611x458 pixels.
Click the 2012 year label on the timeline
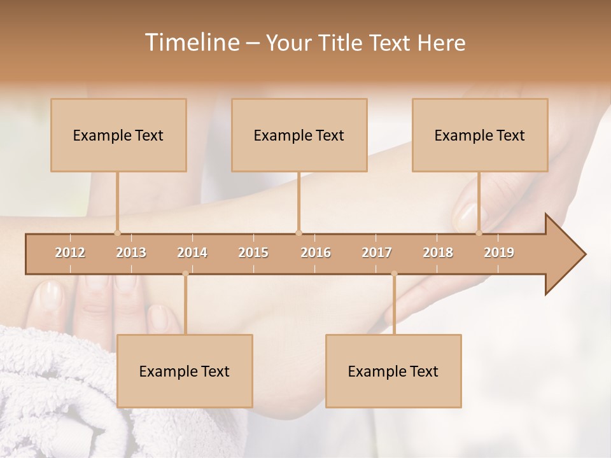pyautogui.click(x=70, y=253)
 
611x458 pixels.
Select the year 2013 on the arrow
pyautogui.click(x=131, y=253)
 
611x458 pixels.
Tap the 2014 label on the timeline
pyautogui.click(x=192, y=253)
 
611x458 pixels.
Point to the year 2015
pyautogui.click(x=253, y=253)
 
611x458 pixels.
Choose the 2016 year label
pyautogui.click(x=316, y=253)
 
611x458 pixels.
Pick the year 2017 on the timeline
pyautogui.click(x=377, y=253)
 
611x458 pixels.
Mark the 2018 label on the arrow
pyautogui.click(x=438, y=253)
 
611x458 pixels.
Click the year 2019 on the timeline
pyautogui.click(x=499, y=253)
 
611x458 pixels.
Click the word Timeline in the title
pyautogui.click(x=192, y=43)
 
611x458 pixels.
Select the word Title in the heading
pyautogui.click(x=341, y=43)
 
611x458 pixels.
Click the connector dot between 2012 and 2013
pyautogui.click(x=117, y=233)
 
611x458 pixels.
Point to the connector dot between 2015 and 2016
pyautogui.click(x=298, y=233)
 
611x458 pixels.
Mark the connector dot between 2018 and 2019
pyautogui.click(x=479, y=233)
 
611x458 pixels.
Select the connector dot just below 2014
pyautogui.click(x=185, y=274)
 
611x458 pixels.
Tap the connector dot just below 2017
pyautogui.click(x=394, y=274)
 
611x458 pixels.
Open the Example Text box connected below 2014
pyautogui.click(x=185, y=371)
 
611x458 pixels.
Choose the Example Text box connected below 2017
pyautogui.click(x=393, y=371)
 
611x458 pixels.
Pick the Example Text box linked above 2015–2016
pyautogui.click(x=299, y=135)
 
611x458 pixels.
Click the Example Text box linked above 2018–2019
pyautogui.click(x=480, y=135)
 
